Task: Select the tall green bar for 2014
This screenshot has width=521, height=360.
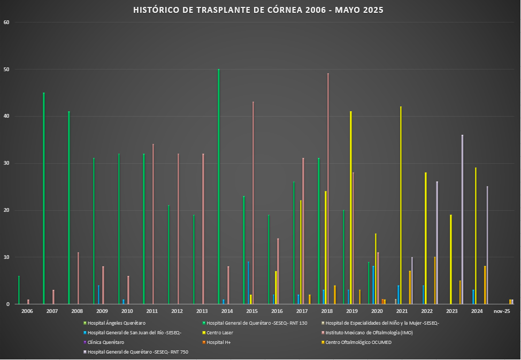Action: click(218, 187)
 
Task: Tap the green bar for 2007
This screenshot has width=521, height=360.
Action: click(44, 198)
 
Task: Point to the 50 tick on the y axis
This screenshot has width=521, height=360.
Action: click(6, 70)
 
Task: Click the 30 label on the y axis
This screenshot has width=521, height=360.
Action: click(6, 164)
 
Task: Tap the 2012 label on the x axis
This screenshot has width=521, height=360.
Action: click(177, 311)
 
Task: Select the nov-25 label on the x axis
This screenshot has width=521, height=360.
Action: click(501, 311)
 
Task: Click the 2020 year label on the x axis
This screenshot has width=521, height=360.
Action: click(377, 311)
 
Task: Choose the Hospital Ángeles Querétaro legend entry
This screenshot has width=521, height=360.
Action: click(114, 323)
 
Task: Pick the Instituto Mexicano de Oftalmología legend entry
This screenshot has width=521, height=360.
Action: click(369, 333)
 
